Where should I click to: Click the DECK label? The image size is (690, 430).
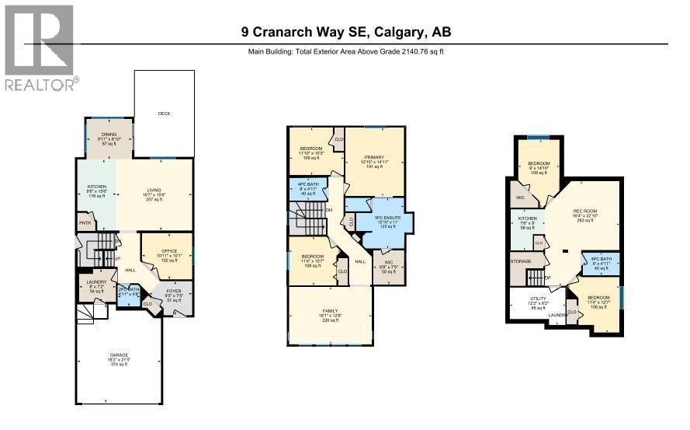pos(164,114)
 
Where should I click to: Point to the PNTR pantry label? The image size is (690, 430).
pos(85,222)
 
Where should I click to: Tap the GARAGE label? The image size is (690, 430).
pos(119,355)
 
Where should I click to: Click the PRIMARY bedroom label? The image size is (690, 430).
pos(374,157)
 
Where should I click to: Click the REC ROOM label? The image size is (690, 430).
pos(584,212)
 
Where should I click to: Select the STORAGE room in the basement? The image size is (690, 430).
pos(521,261)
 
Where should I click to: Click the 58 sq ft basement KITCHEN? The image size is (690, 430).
pos(528,222)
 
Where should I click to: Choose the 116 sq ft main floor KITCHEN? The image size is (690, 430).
pos(96,191)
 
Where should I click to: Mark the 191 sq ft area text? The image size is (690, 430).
pos(374,167)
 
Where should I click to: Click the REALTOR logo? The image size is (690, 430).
pos(40,48)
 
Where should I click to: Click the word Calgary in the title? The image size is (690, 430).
pos(399,32)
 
